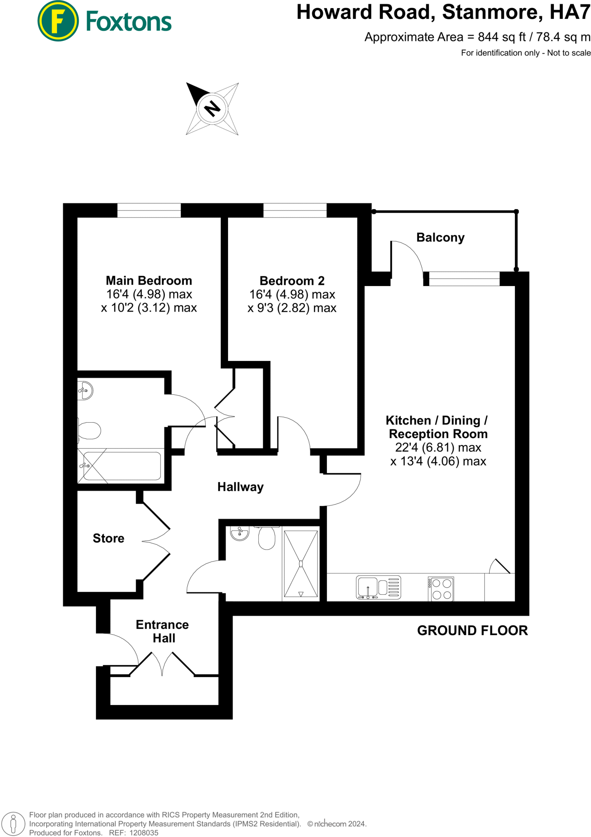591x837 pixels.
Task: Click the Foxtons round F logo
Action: click(58, 21)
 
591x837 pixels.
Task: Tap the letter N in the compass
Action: click(212, 109)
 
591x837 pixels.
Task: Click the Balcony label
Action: click(440, 237)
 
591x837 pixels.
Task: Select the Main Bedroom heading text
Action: click(149, 280)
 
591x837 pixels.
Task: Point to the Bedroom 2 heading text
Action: click(292, 281)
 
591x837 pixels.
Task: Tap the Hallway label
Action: click(240, 487)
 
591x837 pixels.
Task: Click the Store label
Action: click(108, 538)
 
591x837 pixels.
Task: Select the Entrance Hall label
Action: click(163, 631)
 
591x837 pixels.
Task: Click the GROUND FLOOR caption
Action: click(472, 630)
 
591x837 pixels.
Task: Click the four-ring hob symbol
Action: click(441, 589)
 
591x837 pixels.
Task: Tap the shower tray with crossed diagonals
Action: click(301, 564)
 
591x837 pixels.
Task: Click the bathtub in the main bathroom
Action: click(121, 466)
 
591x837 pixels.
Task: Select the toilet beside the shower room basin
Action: click(267, 538)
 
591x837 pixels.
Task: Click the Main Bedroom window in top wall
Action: click(149, 210)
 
